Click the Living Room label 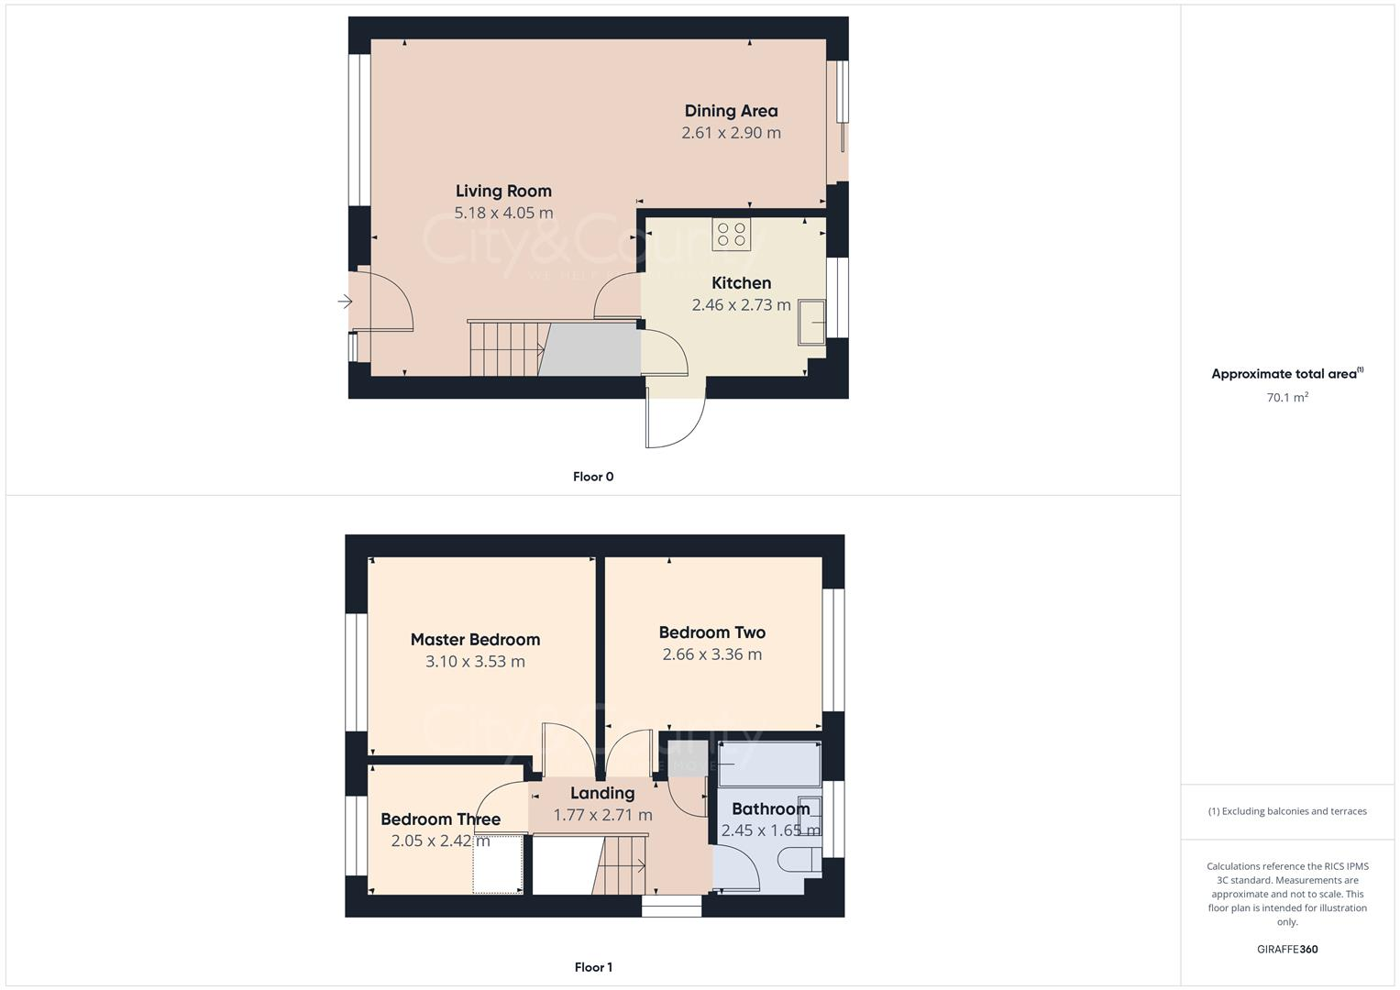pyautogui.click(x=503, y=191)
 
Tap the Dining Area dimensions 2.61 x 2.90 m pyautogui.click(x=731, y=133)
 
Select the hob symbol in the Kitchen pyautogui.click(x=732, y=235)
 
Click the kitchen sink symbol pyautogui.click(x=811, y=322)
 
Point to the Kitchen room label pyautogui.click(x=741, y=283)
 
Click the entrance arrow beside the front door pyautogui.click(x=346, y=302)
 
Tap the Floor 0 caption pyautogui.click(x=593, y=477)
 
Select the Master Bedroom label pyautogui.click(x=475, y=640)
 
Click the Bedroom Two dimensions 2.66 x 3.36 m pyautogui.click(x=711, y=654)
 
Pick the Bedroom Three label pyautogui.click(x=440, y=819)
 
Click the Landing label pyautogui.click(x=602, y=794)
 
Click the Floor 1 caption pyautogui.click(x=593, y=967)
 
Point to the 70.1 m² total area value pyautogui.click(x=1287, y=398)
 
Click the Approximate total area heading pyautogui.click(x=1286, y=374)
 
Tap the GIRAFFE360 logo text pyautogui.click(x=1286, y=950)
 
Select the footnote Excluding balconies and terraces pyautogui.click(x=1287, y=811)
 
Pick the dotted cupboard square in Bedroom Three pyautogui.click(x=498, y=863)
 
